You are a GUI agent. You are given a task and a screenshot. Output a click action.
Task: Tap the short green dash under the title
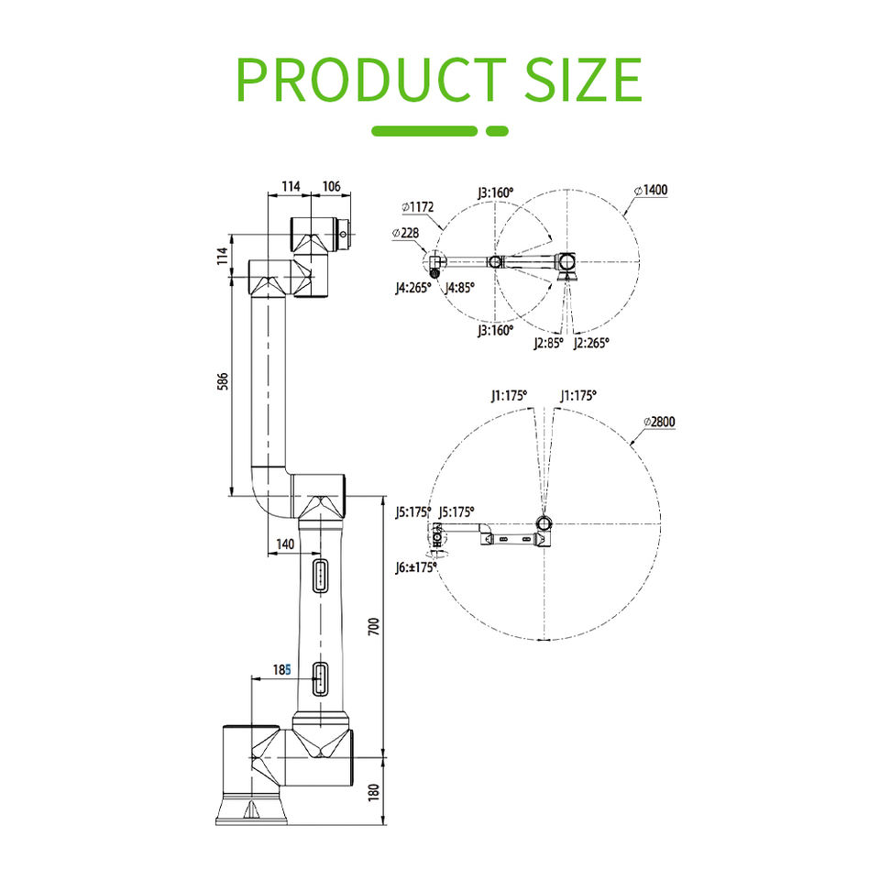[x=497, y=131]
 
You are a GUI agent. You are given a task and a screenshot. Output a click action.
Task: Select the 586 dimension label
[x=223, y=381]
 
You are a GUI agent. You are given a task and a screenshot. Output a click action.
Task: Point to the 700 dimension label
[x=374, y=626]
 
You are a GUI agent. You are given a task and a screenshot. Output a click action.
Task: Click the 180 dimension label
[x=374, y=792]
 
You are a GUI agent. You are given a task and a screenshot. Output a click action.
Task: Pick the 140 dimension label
[x=285, y=544]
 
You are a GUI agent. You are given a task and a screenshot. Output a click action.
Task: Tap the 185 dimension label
[x=281, y=669]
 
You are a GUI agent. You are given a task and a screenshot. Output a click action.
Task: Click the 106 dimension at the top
[x=332, y=186]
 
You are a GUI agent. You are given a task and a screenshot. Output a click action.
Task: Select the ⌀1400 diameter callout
[x=651, y=191]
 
